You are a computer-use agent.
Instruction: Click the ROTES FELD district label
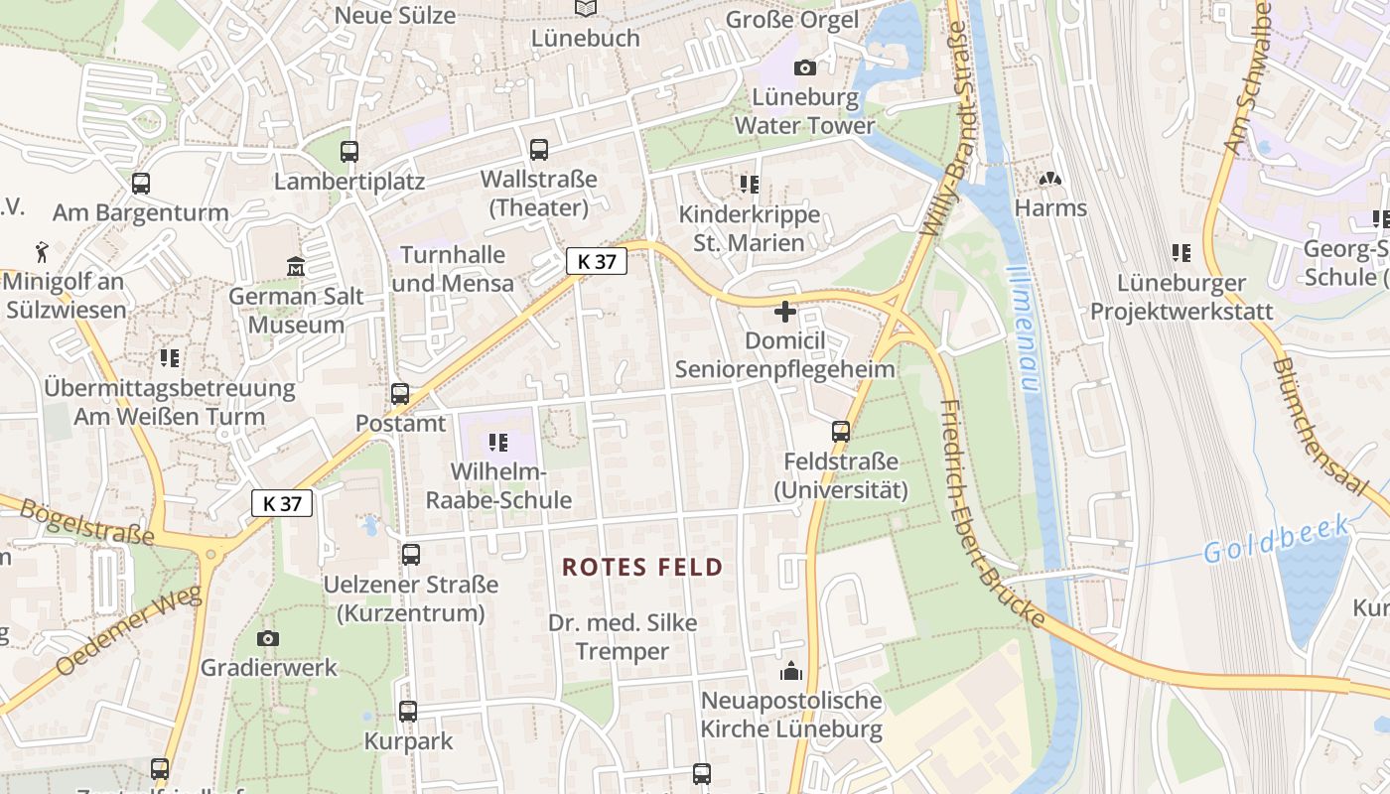(642, 568)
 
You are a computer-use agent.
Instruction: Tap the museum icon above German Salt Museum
(296, 267)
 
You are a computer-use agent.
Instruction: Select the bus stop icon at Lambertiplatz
(349, 152)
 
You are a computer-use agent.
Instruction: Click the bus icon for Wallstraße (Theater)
(539, 150)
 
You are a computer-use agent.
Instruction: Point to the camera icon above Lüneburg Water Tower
(805, 67)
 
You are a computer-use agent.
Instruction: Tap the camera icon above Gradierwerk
(268, 638)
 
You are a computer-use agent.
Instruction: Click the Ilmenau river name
(1022, 328)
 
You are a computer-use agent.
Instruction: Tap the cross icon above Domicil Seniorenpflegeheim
(785, 312)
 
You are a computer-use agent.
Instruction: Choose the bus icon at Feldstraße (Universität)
(841, 432)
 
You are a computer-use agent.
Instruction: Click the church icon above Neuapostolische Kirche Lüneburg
(791, 672)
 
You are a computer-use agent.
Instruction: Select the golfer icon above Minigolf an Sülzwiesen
(41, 250)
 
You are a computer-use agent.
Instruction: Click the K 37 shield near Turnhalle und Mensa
(597, 262)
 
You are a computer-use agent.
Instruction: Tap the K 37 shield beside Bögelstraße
(282, 503)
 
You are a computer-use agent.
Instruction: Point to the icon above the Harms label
(1050, 180)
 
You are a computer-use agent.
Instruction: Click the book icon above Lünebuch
(586, 9)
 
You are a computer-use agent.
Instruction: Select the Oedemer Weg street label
(129, 631)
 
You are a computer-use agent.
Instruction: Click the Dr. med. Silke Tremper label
(623, 637)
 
